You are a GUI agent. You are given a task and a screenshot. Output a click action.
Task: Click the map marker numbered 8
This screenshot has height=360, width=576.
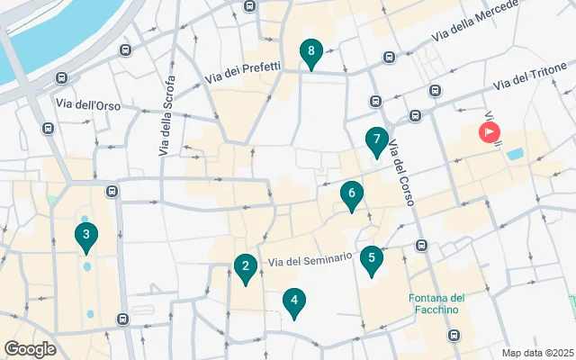coord(310,54)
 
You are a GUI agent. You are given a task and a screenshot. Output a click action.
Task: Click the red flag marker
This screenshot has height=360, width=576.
coord(490,133)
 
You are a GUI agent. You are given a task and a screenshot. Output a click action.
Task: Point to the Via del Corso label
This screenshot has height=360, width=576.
coord(400,169)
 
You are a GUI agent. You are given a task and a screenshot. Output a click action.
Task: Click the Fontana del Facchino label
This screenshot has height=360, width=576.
coord(436,304)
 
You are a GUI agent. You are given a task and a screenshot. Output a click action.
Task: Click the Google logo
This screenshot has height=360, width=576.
coord(30,349)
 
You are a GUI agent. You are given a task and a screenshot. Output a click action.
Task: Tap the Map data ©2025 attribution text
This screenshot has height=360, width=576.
coord(537,353)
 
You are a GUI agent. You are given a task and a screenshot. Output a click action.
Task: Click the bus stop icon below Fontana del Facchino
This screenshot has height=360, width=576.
coord(454,335)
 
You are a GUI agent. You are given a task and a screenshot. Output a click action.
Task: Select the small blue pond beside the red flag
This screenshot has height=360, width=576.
coord(515,154)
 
